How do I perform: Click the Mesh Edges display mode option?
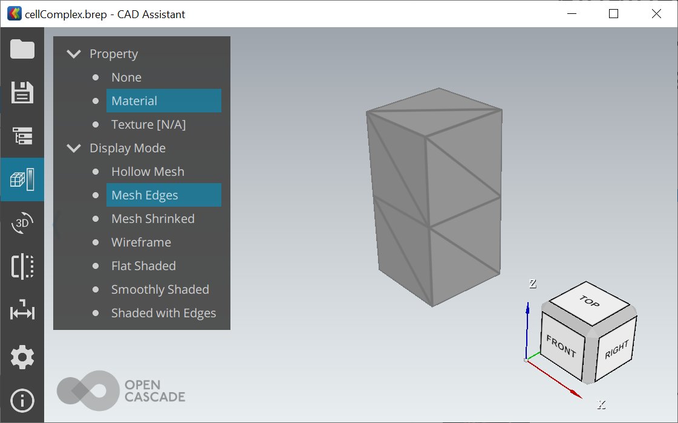[145, 195]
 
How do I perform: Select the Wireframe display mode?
[141, 242]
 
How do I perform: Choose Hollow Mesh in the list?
[148, 172]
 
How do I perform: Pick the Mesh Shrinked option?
[152, 219]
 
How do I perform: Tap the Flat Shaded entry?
[143, 266]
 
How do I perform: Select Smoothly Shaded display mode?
[160, 289]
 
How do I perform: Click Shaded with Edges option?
[163, 313]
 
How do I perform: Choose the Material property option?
[134, 101]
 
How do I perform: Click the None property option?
[126, 77]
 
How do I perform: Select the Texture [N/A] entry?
[148, 124]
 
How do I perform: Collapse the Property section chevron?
[74, 54]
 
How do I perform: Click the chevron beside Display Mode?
[74, 148]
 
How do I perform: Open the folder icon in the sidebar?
[22, 49]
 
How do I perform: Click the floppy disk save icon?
[22, 92]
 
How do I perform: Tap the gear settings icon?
[22, 357]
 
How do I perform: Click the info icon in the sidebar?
[22, 401]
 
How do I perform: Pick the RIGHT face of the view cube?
[616, 350]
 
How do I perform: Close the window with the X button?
[656, 13]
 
